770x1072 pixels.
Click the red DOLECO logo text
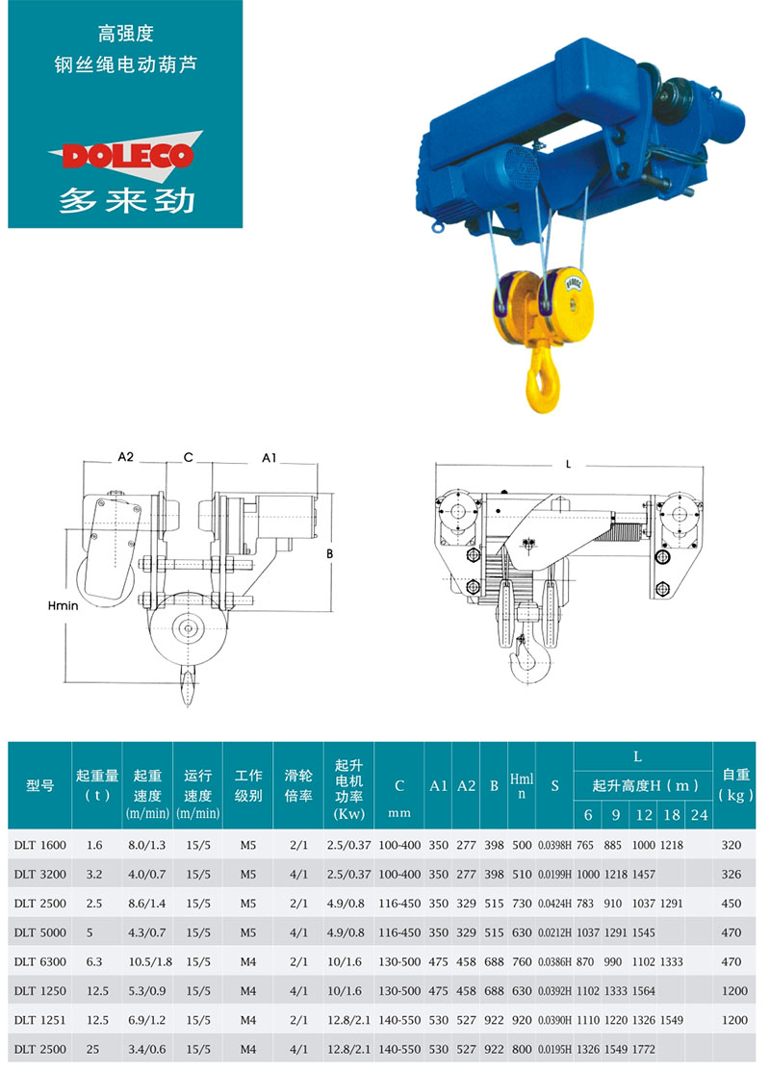pyautogui.click(x=127, y=155)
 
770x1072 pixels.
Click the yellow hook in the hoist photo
pyautogui.click(x=542, y=379)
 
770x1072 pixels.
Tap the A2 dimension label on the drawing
pyautogui.click(x=126, y=457)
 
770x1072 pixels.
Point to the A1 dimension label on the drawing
pyautogui.click(x=269, y=457)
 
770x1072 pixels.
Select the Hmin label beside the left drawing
pyautogui.click(x=63, y=605)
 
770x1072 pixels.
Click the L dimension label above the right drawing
pyautogui.click(x=568, y=464)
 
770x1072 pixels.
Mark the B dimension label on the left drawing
pyautogui.click(x=329, y=553)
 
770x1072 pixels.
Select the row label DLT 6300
pyautogui.click(x=40, y=961)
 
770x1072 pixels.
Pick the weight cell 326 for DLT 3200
pyautogui.click(x=731, y=874)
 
